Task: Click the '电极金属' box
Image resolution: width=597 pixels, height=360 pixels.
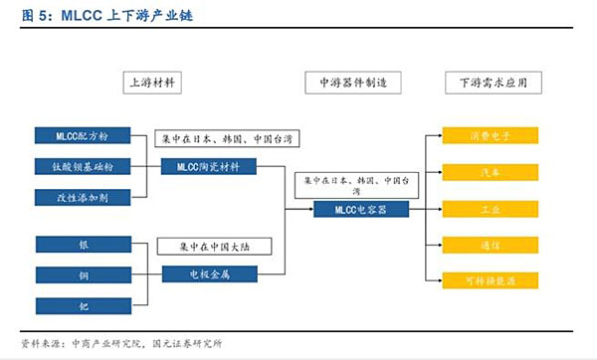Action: point(209,273)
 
